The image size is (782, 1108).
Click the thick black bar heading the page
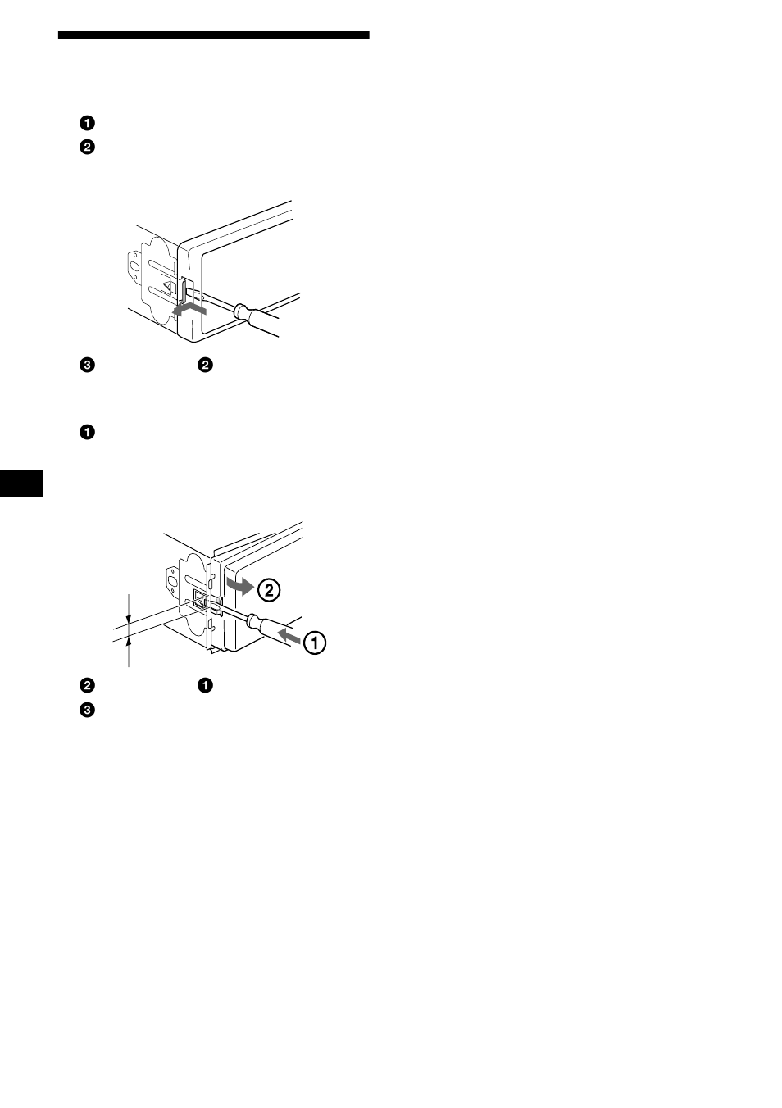click(213, 35)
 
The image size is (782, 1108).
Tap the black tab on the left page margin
click(20, 483)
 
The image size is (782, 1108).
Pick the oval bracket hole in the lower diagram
click(173, 583)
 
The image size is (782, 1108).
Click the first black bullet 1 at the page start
click(87, 124)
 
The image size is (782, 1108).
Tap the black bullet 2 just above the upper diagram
click(87, 148)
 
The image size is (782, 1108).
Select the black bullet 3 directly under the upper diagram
click(87, 366)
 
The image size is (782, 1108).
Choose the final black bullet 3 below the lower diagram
click(87, 711)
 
